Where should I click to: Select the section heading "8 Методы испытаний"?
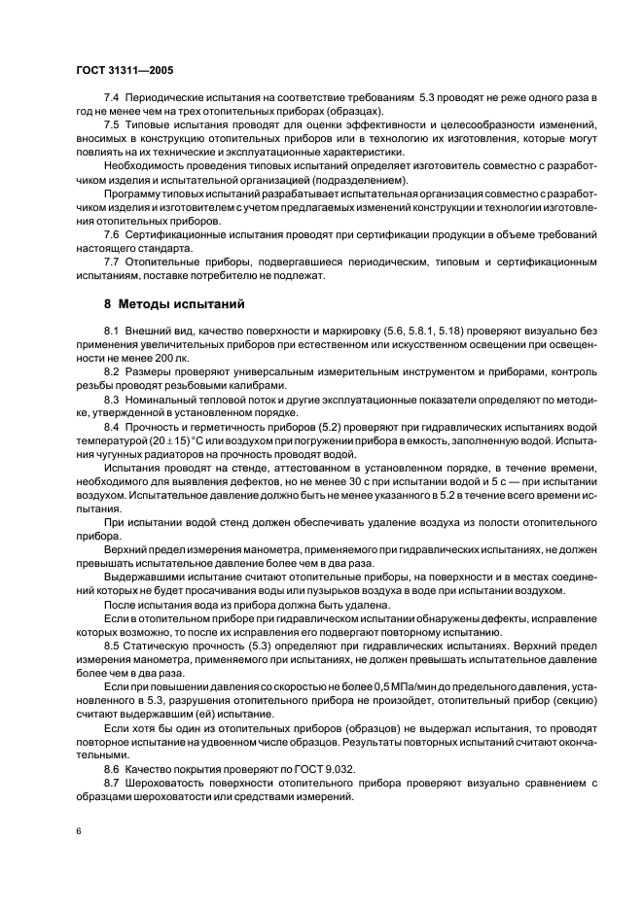(x=166, y=305)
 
